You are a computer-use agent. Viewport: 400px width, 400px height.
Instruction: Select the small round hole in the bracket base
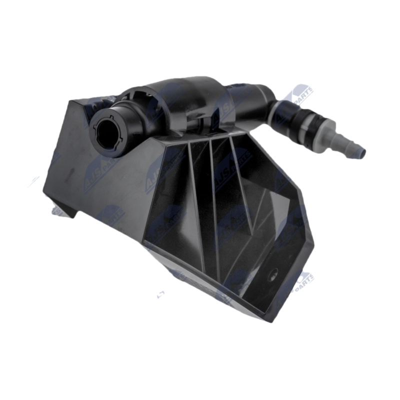click(273, 274)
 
